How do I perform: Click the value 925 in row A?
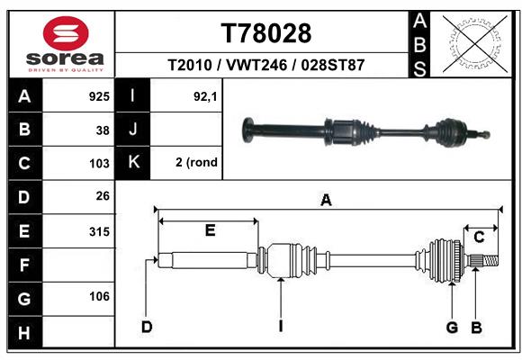(99, 95)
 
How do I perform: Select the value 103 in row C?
(99, 163)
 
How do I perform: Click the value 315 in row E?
(99, 231)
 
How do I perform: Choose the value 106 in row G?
(99, 296)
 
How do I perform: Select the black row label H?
(24, 332)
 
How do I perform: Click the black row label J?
(133, 129)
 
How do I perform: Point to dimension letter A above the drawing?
(326, 202)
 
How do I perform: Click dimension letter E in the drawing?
(210, 230)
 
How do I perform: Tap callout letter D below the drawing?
(146, 326)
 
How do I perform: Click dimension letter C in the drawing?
(480, 237)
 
